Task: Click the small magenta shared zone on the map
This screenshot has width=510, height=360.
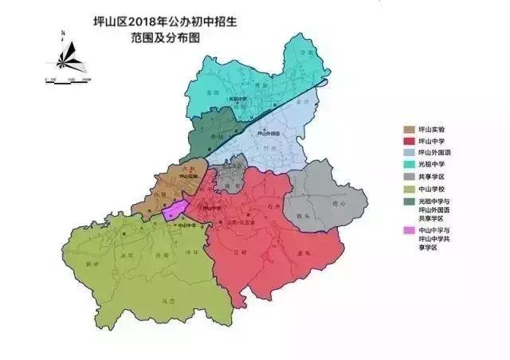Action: click(176, 210)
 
